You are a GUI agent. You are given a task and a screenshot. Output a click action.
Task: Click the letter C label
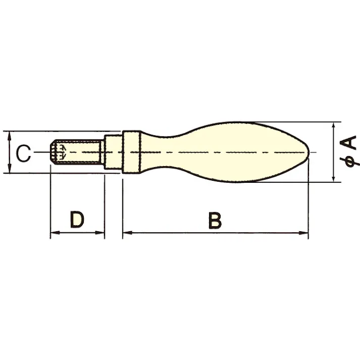pos(23,152)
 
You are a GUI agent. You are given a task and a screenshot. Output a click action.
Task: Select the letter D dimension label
pos(77,220)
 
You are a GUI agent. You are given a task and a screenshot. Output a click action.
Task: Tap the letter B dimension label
pos(215,221)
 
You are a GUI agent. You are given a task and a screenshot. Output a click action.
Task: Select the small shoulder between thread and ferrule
pos(113,151)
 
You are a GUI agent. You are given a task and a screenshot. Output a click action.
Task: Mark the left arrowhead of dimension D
pos(54,233)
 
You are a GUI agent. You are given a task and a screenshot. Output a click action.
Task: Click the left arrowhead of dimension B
pos(127,233)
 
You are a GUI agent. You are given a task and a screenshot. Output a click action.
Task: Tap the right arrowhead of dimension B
pos(304,233)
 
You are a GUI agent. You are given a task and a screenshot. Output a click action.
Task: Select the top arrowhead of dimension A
pos(334,125)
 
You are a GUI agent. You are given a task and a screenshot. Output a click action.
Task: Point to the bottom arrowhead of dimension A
pos(334,177)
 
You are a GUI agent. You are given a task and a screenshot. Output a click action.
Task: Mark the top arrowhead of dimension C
pos(10,134)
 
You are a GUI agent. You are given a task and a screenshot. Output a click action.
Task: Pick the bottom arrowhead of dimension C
pos(10,169)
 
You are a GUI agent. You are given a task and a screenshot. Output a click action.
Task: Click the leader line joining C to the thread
pos(43,152)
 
